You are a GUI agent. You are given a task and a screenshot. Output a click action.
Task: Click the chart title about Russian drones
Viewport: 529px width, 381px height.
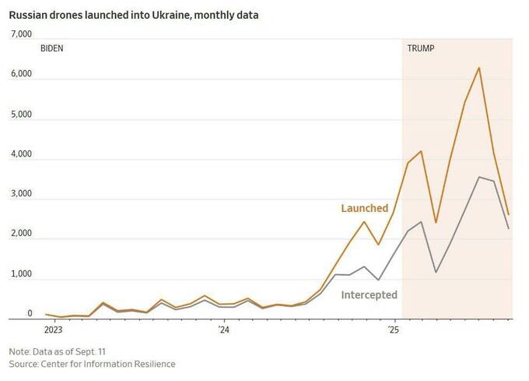tap(134, 15)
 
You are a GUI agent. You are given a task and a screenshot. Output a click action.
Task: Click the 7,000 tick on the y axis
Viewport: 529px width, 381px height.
tap(20, 35)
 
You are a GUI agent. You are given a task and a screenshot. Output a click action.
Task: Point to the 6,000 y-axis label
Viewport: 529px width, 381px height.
tap(20, 75)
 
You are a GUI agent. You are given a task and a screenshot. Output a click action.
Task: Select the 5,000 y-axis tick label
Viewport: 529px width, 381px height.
tap(20, 115)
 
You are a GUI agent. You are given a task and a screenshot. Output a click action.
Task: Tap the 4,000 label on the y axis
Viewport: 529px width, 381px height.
tap(20, 154)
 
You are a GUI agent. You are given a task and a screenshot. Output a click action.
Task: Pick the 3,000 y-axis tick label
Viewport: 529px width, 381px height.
tap(20, 194)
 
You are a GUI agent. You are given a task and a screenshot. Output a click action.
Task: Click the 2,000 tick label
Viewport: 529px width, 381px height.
tap(20, 234)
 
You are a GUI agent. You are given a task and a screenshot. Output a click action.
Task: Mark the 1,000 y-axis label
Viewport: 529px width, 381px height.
tap(20, 274)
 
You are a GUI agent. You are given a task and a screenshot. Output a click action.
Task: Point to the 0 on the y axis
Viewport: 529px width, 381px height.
tap(30, 314)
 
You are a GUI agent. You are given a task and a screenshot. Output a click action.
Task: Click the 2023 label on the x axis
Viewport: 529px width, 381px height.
tap(53, 330)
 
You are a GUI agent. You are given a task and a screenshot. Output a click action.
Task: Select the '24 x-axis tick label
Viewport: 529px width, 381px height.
tap(223, 330)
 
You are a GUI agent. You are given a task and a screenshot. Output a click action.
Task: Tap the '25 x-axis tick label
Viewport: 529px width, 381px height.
tap(394, 330)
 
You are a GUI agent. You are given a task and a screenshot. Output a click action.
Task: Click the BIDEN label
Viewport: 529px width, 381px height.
tap(51, 48)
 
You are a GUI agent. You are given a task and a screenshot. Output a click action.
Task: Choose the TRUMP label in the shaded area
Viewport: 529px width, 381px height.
tap(421, 48)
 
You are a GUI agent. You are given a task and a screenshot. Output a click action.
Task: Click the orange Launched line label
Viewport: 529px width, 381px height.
tap(364, 209)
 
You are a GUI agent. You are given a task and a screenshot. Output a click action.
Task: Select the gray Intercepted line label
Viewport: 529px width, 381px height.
tap(369, 295)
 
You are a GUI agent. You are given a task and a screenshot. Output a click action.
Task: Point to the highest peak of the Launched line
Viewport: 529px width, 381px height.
tap(479, 68)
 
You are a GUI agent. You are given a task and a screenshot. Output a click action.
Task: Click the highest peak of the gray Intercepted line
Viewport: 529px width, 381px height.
tap(479, 177)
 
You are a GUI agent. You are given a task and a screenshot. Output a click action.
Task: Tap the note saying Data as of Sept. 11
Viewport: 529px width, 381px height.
tap(58, 351)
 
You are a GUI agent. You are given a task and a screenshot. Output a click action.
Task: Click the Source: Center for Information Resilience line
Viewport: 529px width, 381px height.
tap(92, 364)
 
